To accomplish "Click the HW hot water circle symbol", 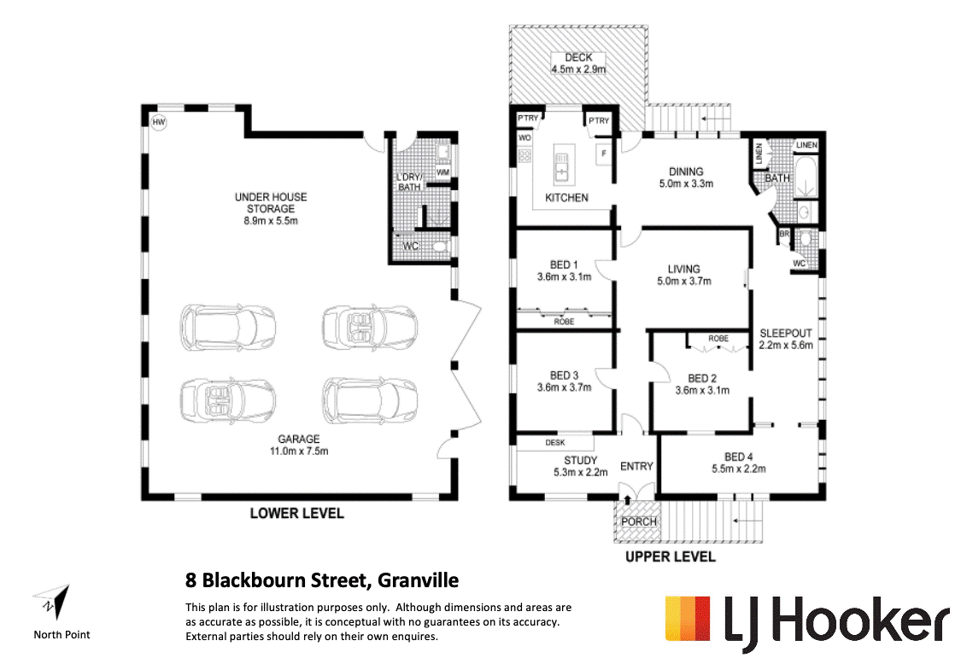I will (158, 123).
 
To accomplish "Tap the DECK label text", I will (578, 57).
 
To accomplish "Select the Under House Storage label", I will (271, 202).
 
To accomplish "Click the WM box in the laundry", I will (442, 172).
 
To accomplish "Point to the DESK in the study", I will (556, 443).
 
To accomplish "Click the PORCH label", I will (639, 521).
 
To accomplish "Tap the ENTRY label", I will (636, 466).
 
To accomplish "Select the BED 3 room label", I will (565, 376).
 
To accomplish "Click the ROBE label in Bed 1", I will (564, 321).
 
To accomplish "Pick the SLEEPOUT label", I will (786, 333).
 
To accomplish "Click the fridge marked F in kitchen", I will (603, 154).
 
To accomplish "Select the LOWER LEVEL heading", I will (296, 513).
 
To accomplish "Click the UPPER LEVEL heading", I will (670, 556).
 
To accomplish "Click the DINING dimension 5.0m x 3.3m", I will (686, 183).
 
